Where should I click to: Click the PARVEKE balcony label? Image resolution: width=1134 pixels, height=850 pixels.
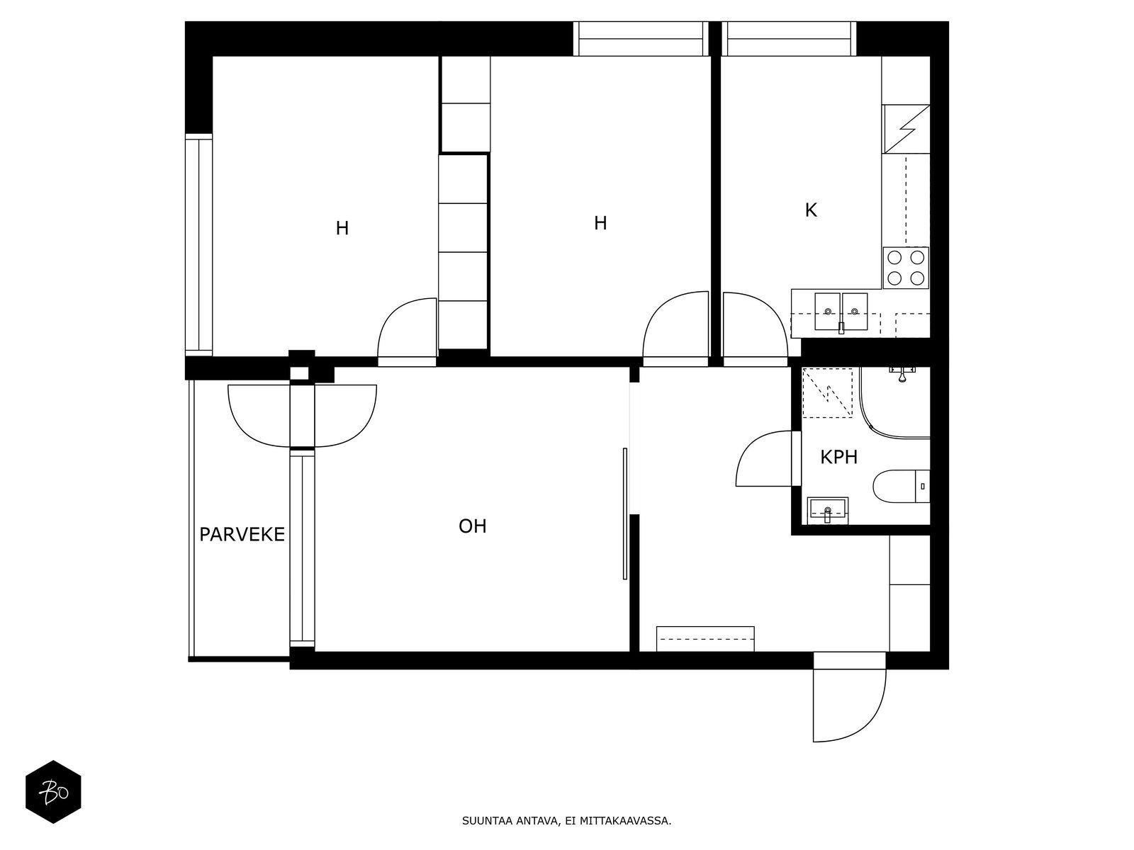[x=242, y=534]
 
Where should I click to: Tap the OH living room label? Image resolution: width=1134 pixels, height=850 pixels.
[x=473, y=526]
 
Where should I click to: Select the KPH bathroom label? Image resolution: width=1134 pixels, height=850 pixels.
[x=839, y=458]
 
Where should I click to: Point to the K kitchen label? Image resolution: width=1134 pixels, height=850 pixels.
[x=811, y=210]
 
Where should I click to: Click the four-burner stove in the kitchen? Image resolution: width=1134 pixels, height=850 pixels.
[x=906, y=268]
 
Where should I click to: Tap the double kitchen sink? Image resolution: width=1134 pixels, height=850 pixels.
[x=841, y=312]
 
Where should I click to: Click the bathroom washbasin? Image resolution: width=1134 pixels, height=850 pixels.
[x=827, y=509]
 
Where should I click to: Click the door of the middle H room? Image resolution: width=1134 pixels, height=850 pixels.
[x=675, y=328]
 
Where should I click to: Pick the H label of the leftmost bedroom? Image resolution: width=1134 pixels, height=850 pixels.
[x=342, y=228]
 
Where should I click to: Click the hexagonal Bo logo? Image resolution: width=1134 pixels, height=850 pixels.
[x=54, y=792]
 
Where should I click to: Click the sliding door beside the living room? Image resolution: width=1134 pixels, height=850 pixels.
[x=624, y=514]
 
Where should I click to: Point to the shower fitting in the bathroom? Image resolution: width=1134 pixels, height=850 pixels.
[x=901, y=375]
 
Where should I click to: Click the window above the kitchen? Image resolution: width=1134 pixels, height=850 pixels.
[x=789, y=39]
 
